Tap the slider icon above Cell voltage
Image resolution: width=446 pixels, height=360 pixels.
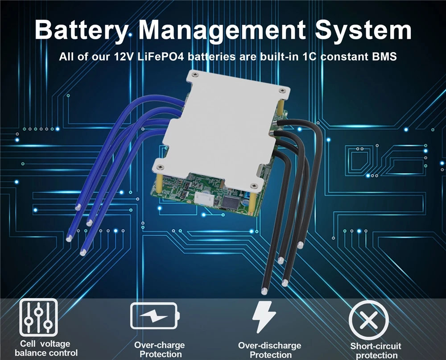tap(38, 317)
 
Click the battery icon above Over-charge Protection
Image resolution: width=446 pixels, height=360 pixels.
tap(155, 316)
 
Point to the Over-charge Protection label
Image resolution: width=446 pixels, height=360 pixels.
tap(160, 350)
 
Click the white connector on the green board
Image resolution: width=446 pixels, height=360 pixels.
tap(206, 199)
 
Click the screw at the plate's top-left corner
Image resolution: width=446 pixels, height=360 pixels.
tap(193, 76)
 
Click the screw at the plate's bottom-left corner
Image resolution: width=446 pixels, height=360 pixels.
tap(161, 168)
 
